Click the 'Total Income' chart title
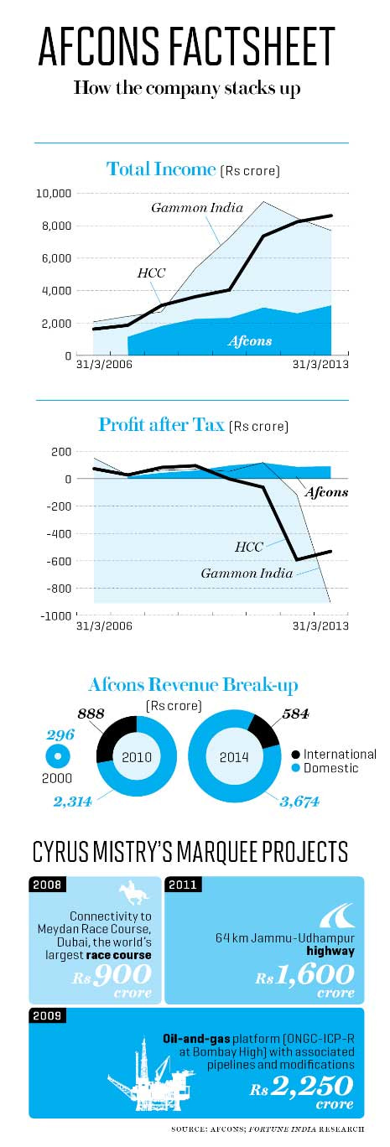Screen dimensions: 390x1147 pos(161,169)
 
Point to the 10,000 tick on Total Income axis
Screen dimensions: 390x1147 pos(54,194)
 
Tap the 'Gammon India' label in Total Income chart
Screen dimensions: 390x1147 pos(197,207)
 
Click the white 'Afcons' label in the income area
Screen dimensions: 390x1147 pos(250,341)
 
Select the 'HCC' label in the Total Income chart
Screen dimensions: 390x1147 pos(151,273)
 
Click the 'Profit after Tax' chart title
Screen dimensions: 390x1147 pos(161,424)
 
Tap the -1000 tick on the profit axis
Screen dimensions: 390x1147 pos(56,615)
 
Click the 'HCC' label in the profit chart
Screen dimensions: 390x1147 pos(249,547)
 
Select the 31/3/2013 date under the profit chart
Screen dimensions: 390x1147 pos(320,625)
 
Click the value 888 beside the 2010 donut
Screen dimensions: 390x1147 pos(91,714)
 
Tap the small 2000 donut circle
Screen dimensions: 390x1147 pos(57,756)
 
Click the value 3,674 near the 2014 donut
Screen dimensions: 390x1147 pos(299,802)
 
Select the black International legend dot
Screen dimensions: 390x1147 pos(296,754)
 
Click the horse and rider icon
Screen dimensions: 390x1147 pos(133,892)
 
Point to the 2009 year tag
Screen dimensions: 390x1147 pos(47,1015)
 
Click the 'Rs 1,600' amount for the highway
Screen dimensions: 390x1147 pos(305,975)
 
